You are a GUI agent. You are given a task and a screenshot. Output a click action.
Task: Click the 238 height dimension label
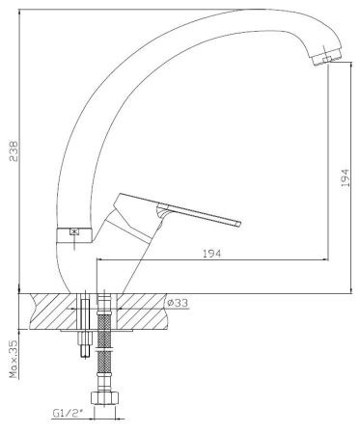(x=14, y=150)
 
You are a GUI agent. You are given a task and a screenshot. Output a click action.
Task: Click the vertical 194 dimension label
(x=345, y=177)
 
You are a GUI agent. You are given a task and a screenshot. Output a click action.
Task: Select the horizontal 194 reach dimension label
(x=212, y=254)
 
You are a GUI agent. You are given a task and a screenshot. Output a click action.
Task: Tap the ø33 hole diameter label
(x=178, y=303)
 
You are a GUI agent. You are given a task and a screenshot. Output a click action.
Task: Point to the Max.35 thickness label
(x=14, y=359)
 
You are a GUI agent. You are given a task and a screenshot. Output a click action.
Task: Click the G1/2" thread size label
(x=68, y=413)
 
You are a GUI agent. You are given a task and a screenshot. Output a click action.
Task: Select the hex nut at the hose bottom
(x=105, y=397)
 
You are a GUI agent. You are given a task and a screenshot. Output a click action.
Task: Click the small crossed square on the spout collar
(x=74, y=231)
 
